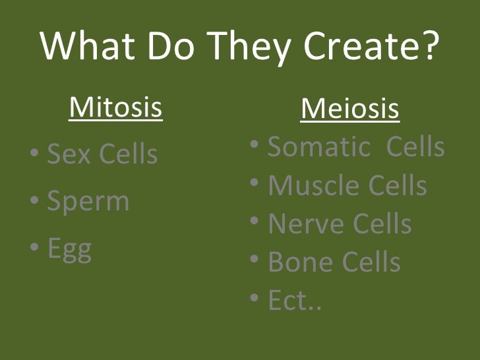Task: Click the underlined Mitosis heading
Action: pyautogui.click(x=115, y=107)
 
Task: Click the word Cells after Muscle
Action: pyautogui.click(x=396, y=186)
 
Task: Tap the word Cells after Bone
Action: pyautogui.click(x=369, y=262)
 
